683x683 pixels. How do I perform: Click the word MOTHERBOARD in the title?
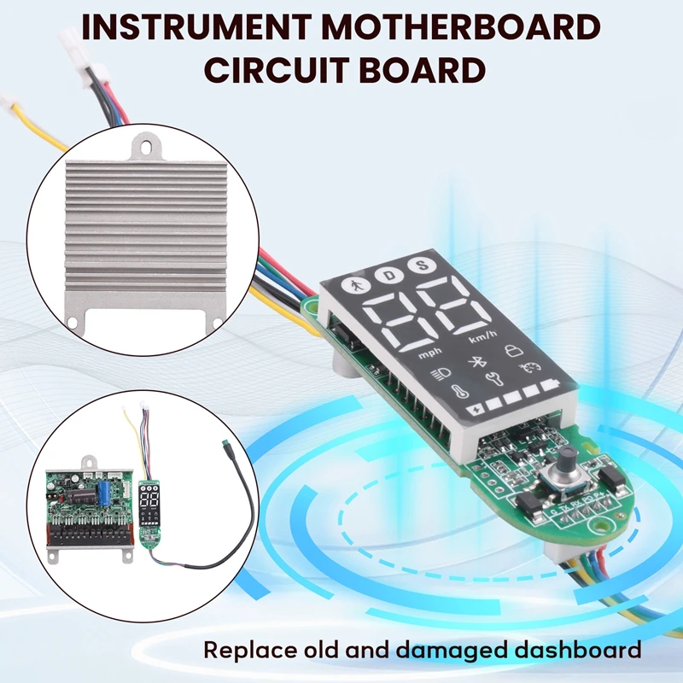click(x=462, y=27)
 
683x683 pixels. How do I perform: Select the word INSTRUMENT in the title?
click(x=197, y=27)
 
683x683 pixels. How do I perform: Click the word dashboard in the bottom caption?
click(x=579, y=650)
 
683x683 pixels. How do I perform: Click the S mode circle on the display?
click(x=422, y=265)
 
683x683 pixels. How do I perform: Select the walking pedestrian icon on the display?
click(x=356, y=286)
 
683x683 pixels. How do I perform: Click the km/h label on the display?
click(x=482, y=336)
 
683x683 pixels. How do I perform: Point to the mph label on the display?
click(x=430, y=353)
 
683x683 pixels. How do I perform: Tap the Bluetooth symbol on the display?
click(x=476, y=361)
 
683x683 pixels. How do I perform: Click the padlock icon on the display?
click(x=514, y=350)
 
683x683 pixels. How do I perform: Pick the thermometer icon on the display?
click(x=459, y=391)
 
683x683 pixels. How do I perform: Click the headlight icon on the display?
click(x=440, y=374)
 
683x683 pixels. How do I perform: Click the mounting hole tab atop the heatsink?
click(x=148, y=146)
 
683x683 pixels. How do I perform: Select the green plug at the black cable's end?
click(x=225, y=444)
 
